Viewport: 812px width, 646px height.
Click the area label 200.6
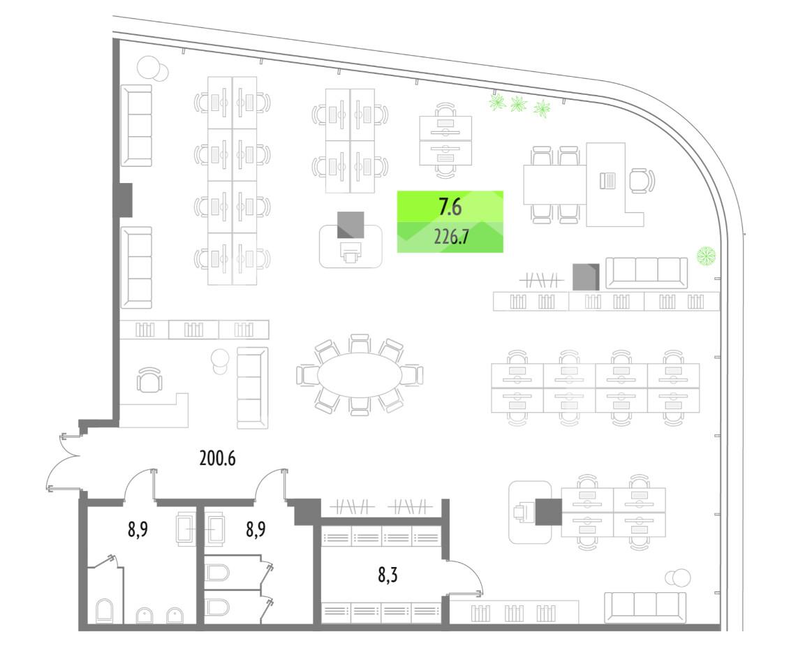pyautogui.click(x=217, y=459)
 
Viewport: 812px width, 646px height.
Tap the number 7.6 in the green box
pyautogui.click(x=450, y=207)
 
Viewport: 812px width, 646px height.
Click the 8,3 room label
pyautogui.click(x=390, y=575)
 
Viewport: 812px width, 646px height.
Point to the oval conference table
pyautogui.click(x=359, y=375)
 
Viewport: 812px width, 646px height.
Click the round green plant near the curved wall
pyautogui.click(x=706, y=256)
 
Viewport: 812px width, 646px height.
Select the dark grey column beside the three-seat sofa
pyautogui.click(x=586, y=277)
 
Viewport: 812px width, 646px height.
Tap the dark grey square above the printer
pyautogui.click(x=350, y=224)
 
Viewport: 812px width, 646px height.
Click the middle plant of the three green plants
pyautogui.click(x=518, y=104)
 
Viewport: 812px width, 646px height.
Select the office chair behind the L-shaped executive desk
pyautogui.click(x=642, y=181)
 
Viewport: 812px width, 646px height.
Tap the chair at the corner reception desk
pyautogui.click(x=149, y=381)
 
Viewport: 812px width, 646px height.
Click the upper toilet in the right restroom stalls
pyautogui.click(x=217, y=573)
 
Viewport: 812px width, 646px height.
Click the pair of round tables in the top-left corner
pyautogui.click(x=153, y=68)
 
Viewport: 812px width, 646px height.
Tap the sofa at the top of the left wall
pyautogui.click(x=136, y=126)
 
